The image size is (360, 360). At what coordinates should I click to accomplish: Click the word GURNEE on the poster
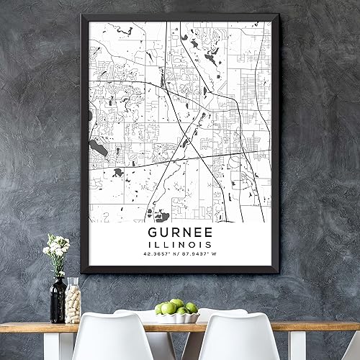[x=179, y=233]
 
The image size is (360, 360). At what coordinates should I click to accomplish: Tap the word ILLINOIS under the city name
[x=179, y=246]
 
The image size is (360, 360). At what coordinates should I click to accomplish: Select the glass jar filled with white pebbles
[x=73, y=302]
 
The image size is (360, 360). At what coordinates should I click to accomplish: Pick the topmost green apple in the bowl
[x=176, y=304]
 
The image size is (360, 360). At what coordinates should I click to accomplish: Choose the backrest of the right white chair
[x=238, y=338]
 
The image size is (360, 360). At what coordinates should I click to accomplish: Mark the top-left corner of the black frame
[x=83, y=17]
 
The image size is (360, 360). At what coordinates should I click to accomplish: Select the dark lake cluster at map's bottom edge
[x=158, y=215]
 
